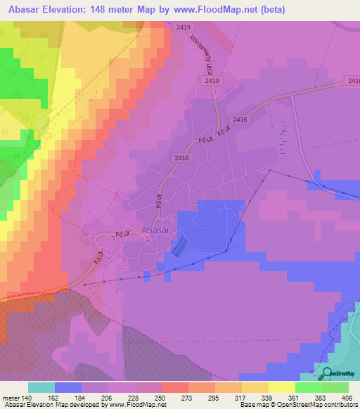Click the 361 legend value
282,398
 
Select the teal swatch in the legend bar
41,387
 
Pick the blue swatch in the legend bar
68,387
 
